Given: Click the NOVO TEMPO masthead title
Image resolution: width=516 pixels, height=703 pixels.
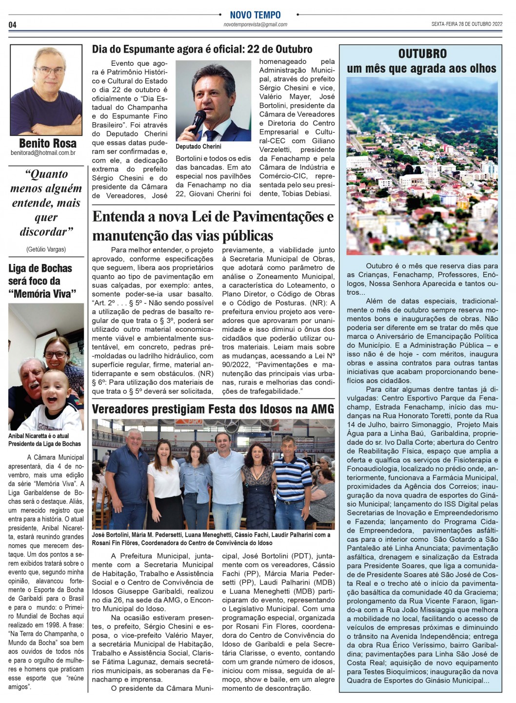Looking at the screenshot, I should [255, 15].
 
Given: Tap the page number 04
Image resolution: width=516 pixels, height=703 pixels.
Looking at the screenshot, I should [13, 25].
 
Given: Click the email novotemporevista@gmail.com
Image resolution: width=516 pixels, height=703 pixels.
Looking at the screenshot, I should [255, 24].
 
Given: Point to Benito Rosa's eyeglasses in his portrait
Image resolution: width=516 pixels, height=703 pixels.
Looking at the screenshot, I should [49, 70].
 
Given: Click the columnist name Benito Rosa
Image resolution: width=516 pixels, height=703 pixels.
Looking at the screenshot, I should [47, 143].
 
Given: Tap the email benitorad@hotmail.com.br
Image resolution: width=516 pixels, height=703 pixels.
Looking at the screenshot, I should [43, 153].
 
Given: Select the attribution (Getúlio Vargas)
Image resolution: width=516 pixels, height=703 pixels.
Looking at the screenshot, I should [46, 249].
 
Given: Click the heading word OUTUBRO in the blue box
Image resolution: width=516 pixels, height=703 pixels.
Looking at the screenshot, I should [422, 54].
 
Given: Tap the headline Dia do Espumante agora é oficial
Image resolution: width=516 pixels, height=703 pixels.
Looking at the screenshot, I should [202, 49].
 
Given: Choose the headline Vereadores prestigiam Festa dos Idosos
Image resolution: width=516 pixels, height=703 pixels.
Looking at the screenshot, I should [213, 409].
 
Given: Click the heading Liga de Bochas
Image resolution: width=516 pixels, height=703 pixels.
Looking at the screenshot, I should [40, 268].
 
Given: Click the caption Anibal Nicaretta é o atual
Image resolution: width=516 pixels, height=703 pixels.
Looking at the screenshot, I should [39, 436].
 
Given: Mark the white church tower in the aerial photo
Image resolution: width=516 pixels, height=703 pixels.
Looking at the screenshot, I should [434, 168].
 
